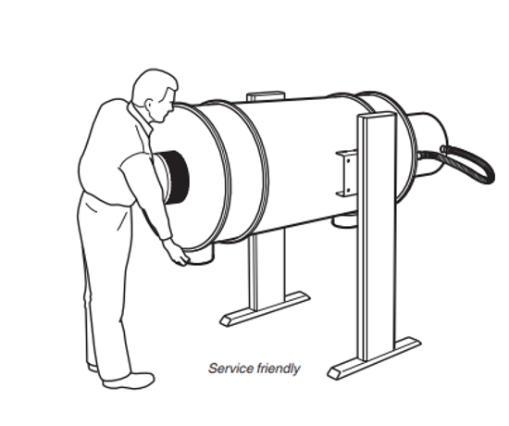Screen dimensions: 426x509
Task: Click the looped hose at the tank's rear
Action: [x=467, y=162]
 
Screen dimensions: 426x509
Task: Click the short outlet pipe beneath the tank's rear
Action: [x=345, y=220]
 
